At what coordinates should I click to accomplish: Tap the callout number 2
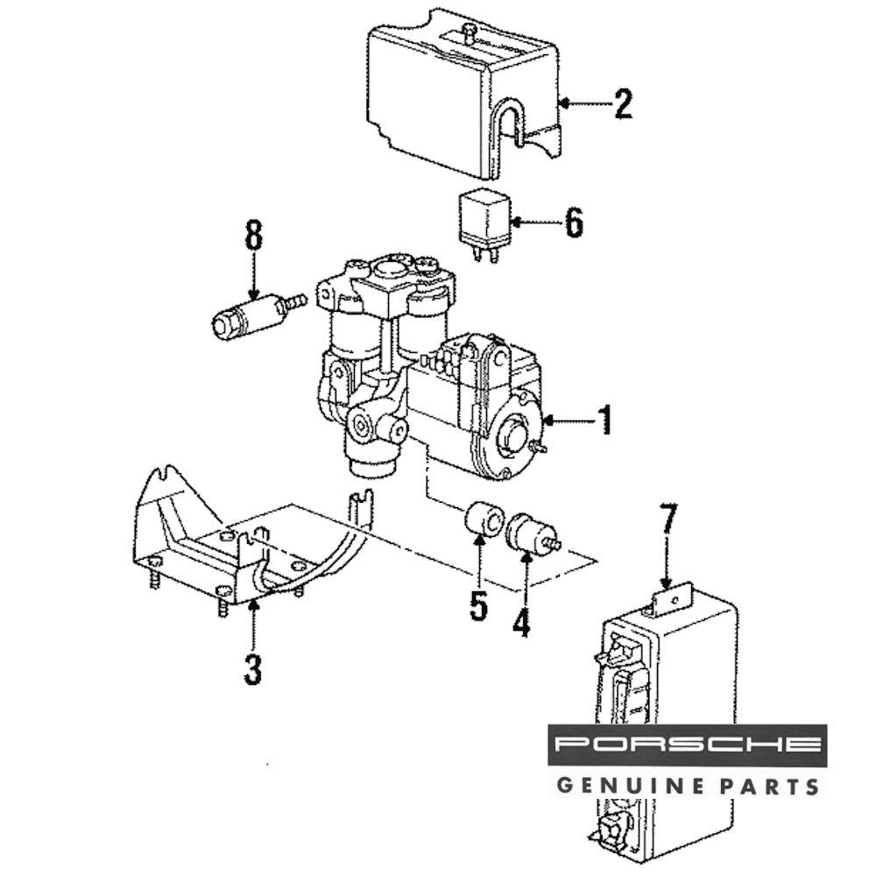[x=622, y=104]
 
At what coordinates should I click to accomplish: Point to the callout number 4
[x=522, y=623]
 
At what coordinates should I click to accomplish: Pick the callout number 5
[x=477, y=605]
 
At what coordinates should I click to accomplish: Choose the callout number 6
[x=573, y=223]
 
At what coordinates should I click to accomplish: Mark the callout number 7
[x=668, y=522]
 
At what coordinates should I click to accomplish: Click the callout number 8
[x=253, y=237]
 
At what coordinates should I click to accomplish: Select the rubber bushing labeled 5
[x=482, y=519]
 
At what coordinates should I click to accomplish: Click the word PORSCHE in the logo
[x=688, y=745]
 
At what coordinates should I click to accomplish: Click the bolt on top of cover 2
[x=468, y=34]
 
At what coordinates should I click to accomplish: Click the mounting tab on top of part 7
[x=670, y=603]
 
